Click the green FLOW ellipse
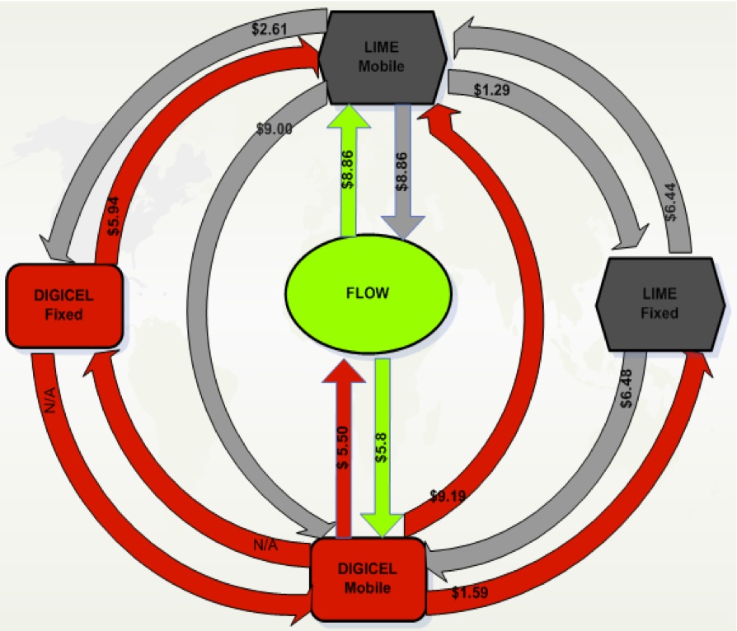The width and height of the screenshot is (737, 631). (x=368, y=293)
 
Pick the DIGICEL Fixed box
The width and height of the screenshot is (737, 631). (x=64, y=304)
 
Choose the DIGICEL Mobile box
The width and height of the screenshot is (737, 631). (x=368, y=577)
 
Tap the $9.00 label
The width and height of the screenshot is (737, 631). (x=276, y=129)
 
